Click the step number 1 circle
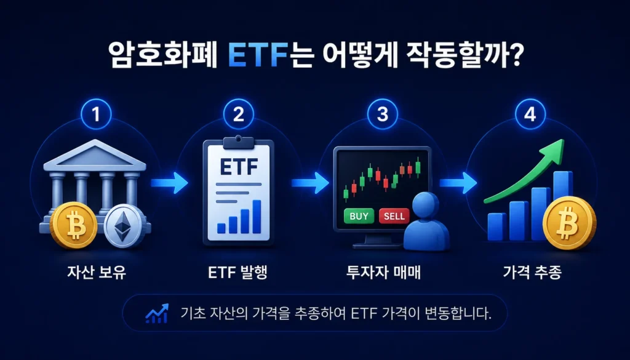click(x=95, y=114)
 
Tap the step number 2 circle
click(x=239, y=114)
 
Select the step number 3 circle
click(x=383, y=114)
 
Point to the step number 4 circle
click(x=530, y=114)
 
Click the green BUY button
click(x=359, y=216)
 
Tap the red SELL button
click(x=394, y=216)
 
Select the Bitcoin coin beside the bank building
click(x=74, y=225)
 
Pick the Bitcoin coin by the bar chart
click(x=569, y=223)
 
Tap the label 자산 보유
click(x=97, y=273)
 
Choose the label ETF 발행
click(x=238, y=273)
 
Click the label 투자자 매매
click(x=383, y=273)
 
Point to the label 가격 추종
click(x=532, y=273)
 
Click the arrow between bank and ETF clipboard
click(x=169, y=183)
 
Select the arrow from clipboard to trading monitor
click(x=310, y=183)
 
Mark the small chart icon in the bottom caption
click(x=156, y=313)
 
